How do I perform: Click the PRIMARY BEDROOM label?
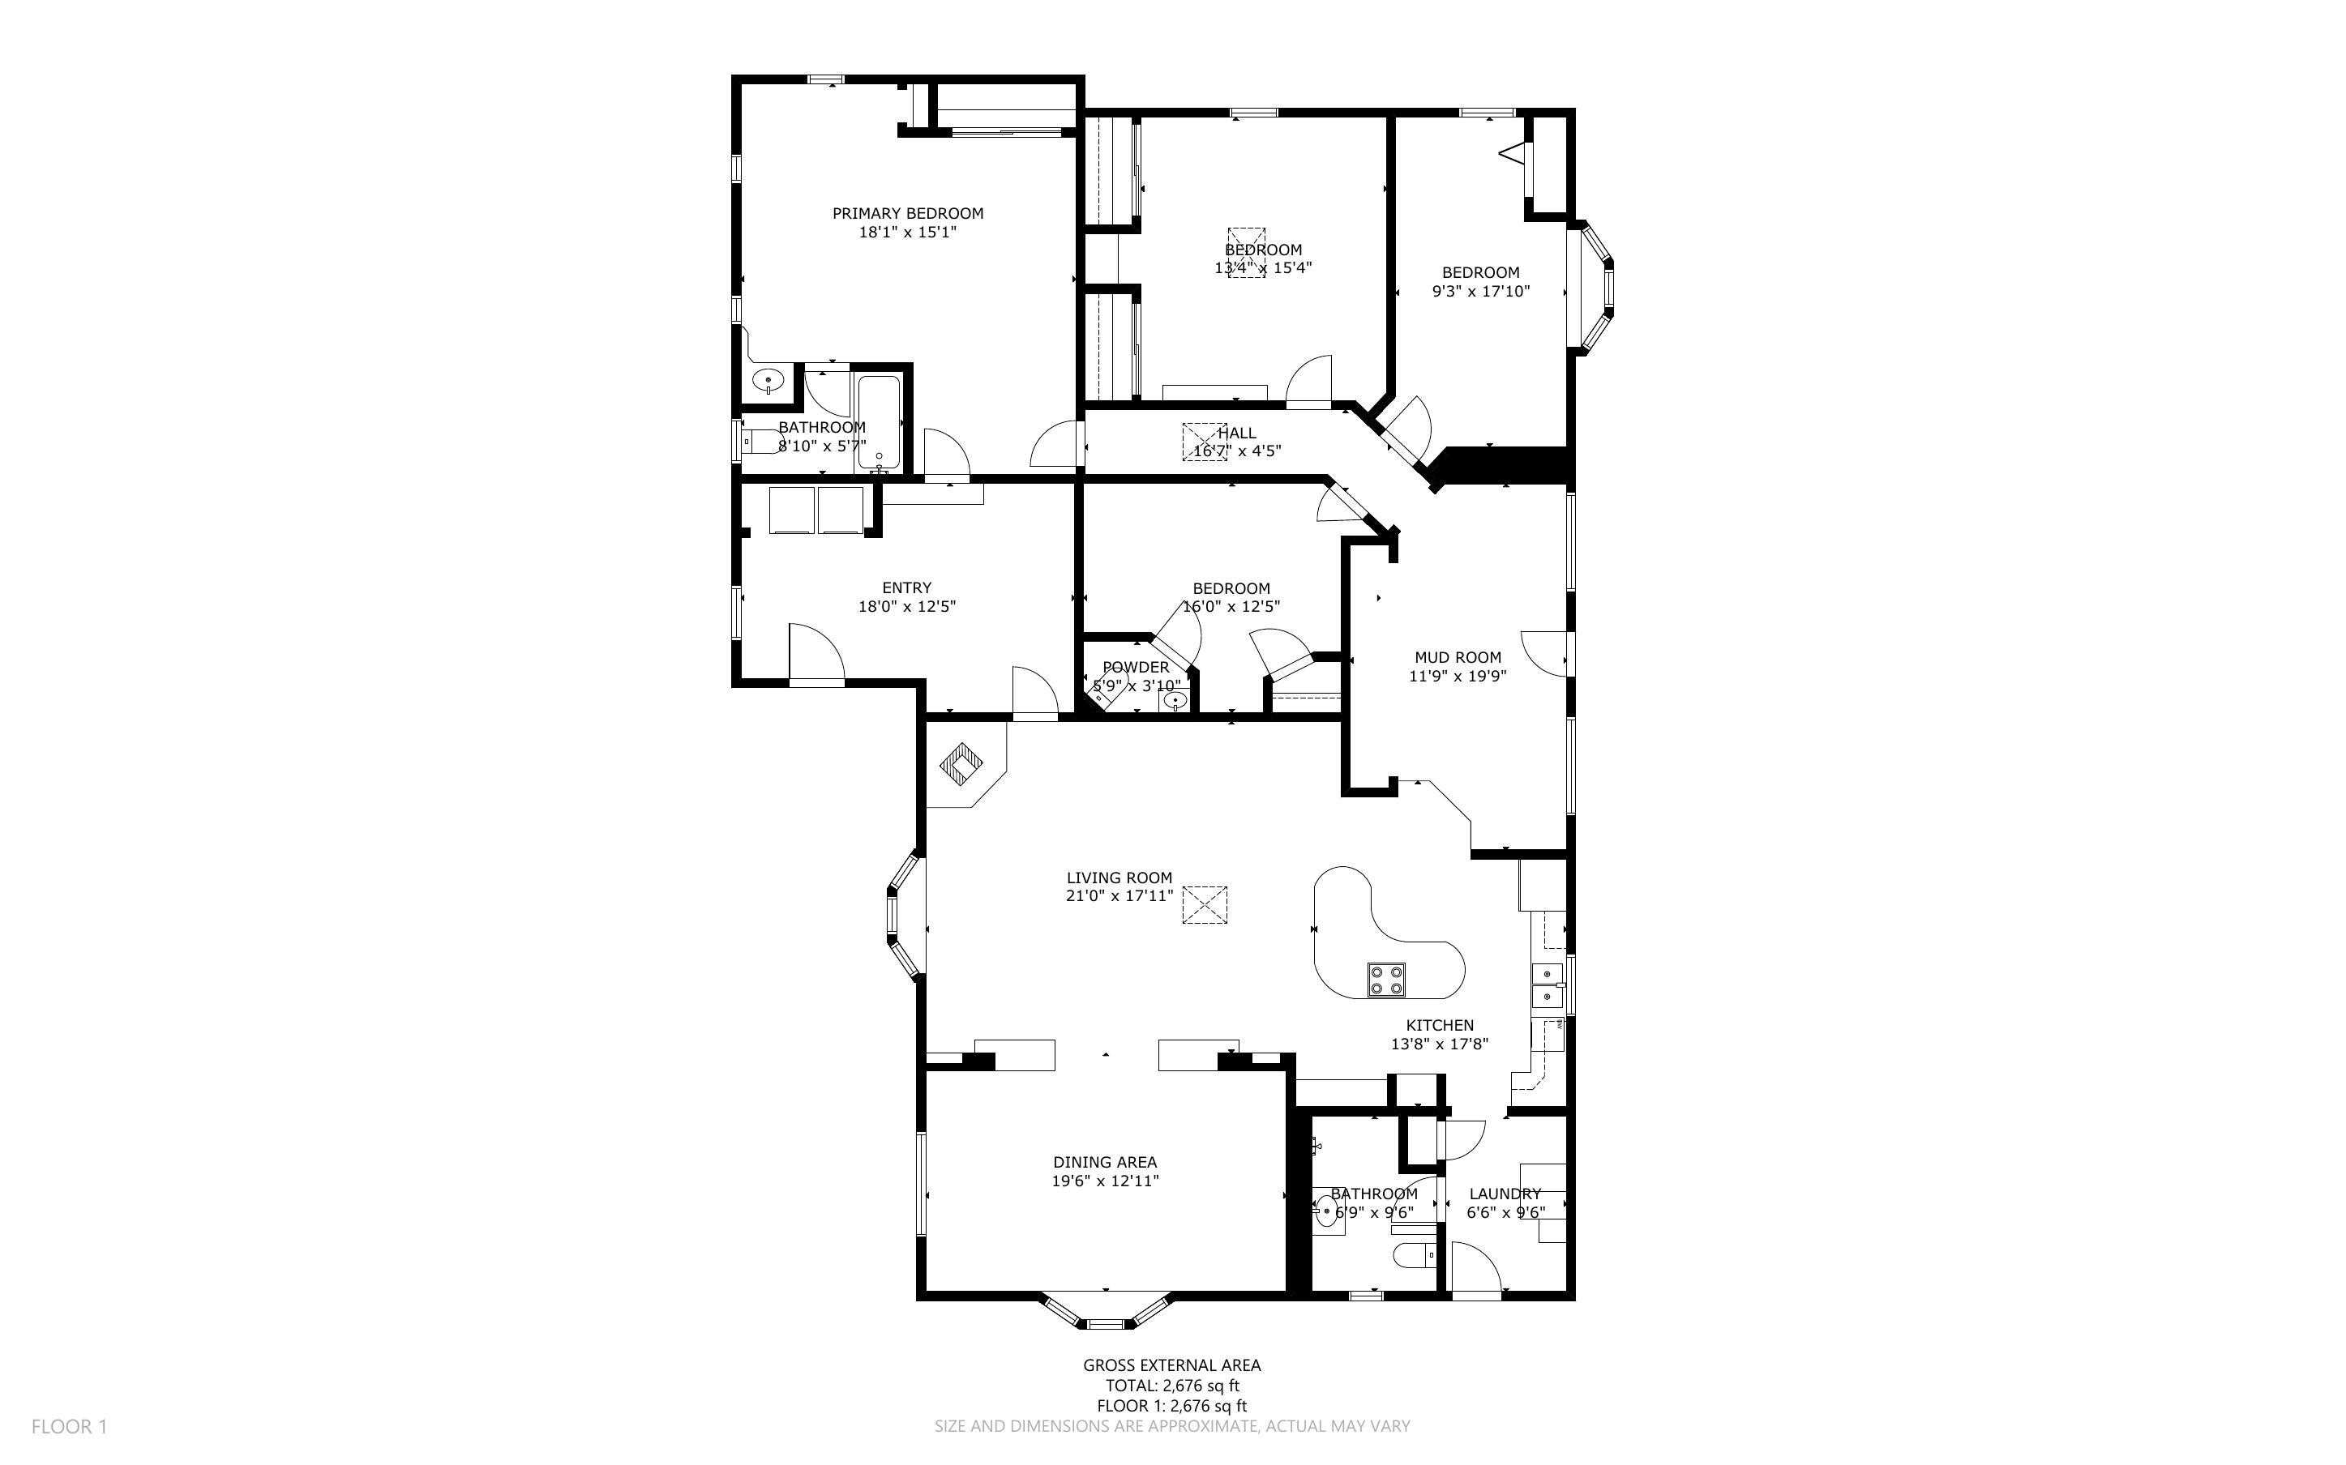pos(907,213)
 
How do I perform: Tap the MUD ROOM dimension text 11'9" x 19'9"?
pos(1457,677)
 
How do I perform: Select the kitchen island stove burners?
pos(1385,980)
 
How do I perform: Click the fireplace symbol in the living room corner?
pos(961,764)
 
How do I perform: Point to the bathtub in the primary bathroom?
pos(879,424)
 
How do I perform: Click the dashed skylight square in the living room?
pos(1205,905)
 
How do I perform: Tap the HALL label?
pos(1236,434)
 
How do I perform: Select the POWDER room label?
pos(1135,668)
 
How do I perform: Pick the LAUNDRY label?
pos(1504,1194)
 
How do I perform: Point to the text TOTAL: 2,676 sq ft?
pos(1171,1386)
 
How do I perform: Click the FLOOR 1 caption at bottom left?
pos(69,1426)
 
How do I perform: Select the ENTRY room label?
pos(906,587)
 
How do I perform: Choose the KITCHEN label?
pos(1439,1025)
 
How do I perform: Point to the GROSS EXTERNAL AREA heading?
pos(1171,1365)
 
